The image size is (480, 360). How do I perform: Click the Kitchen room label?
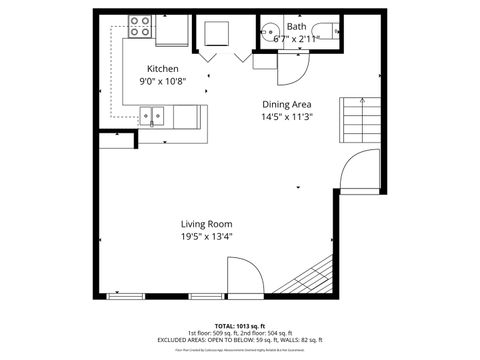coord(162,69)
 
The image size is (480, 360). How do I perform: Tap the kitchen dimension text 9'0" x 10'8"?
coord(162,81)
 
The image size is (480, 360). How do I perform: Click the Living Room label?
coord(206,224)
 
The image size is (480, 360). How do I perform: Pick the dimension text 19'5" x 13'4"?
coord(206,237)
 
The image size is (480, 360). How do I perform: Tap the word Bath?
coord(297,26)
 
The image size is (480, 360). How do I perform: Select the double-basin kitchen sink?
coord(153,117)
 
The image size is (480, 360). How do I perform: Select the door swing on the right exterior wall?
coord(360,170)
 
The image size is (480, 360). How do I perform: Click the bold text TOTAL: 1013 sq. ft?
coord(239,326)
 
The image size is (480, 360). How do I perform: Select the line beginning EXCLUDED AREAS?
coord(239,340)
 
